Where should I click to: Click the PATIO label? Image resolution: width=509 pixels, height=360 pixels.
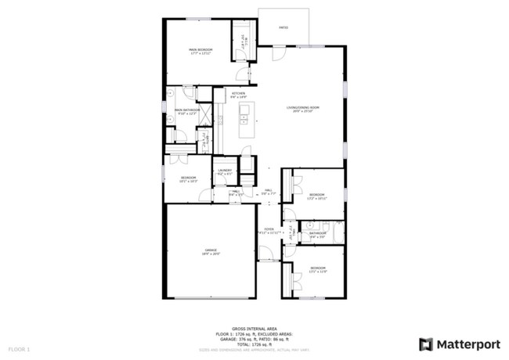coord(283,27)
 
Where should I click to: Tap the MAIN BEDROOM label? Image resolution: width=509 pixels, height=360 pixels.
coord(200,51)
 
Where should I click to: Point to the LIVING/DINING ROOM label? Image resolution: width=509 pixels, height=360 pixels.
coord(303,109)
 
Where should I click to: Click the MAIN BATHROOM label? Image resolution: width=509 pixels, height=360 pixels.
coord(186,111)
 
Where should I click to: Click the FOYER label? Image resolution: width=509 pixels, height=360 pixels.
coord(269,231)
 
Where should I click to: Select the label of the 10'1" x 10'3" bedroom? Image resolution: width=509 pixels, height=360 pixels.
coord(189,179)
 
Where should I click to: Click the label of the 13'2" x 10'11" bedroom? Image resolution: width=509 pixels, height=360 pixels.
coord(317,196)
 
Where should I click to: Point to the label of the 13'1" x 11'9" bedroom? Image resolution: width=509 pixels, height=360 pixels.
coord(318,270)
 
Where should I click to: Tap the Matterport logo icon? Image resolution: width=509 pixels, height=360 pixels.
coord(427,343)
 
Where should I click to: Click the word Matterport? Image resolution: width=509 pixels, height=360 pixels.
coord(468,343)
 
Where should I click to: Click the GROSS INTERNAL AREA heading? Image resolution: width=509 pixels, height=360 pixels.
coord(255,329)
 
